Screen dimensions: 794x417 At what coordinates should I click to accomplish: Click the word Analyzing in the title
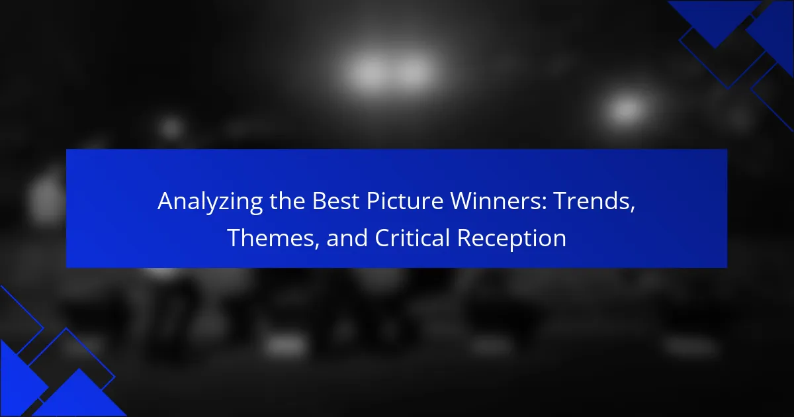[x=210, y=202]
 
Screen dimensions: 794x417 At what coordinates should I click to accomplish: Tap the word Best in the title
[x=335, y=201]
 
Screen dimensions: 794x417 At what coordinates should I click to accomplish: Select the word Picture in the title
[x=404, y=201]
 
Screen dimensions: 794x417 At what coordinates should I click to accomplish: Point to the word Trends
[x=592, y=201]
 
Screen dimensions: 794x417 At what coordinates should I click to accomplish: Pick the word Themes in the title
[x=271, y=238]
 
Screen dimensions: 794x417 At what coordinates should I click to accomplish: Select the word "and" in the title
[x=347, y=238]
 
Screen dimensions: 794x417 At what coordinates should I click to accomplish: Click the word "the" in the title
[x=287, y=201]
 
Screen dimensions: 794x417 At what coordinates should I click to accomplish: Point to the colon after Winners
[x=544, y=205]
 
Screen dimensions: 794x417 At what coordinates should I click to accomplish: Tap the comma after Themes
[x=317, y=246]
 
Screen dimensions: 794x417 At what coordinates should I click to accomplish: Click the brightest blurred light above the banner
[x=390, y=72]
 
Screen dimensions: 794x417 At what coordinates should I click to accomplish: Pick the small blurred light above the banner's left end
[x=171, y=127]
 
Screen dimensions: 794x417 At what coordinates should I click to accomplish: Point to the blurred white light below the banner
[x=286, y=345]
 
